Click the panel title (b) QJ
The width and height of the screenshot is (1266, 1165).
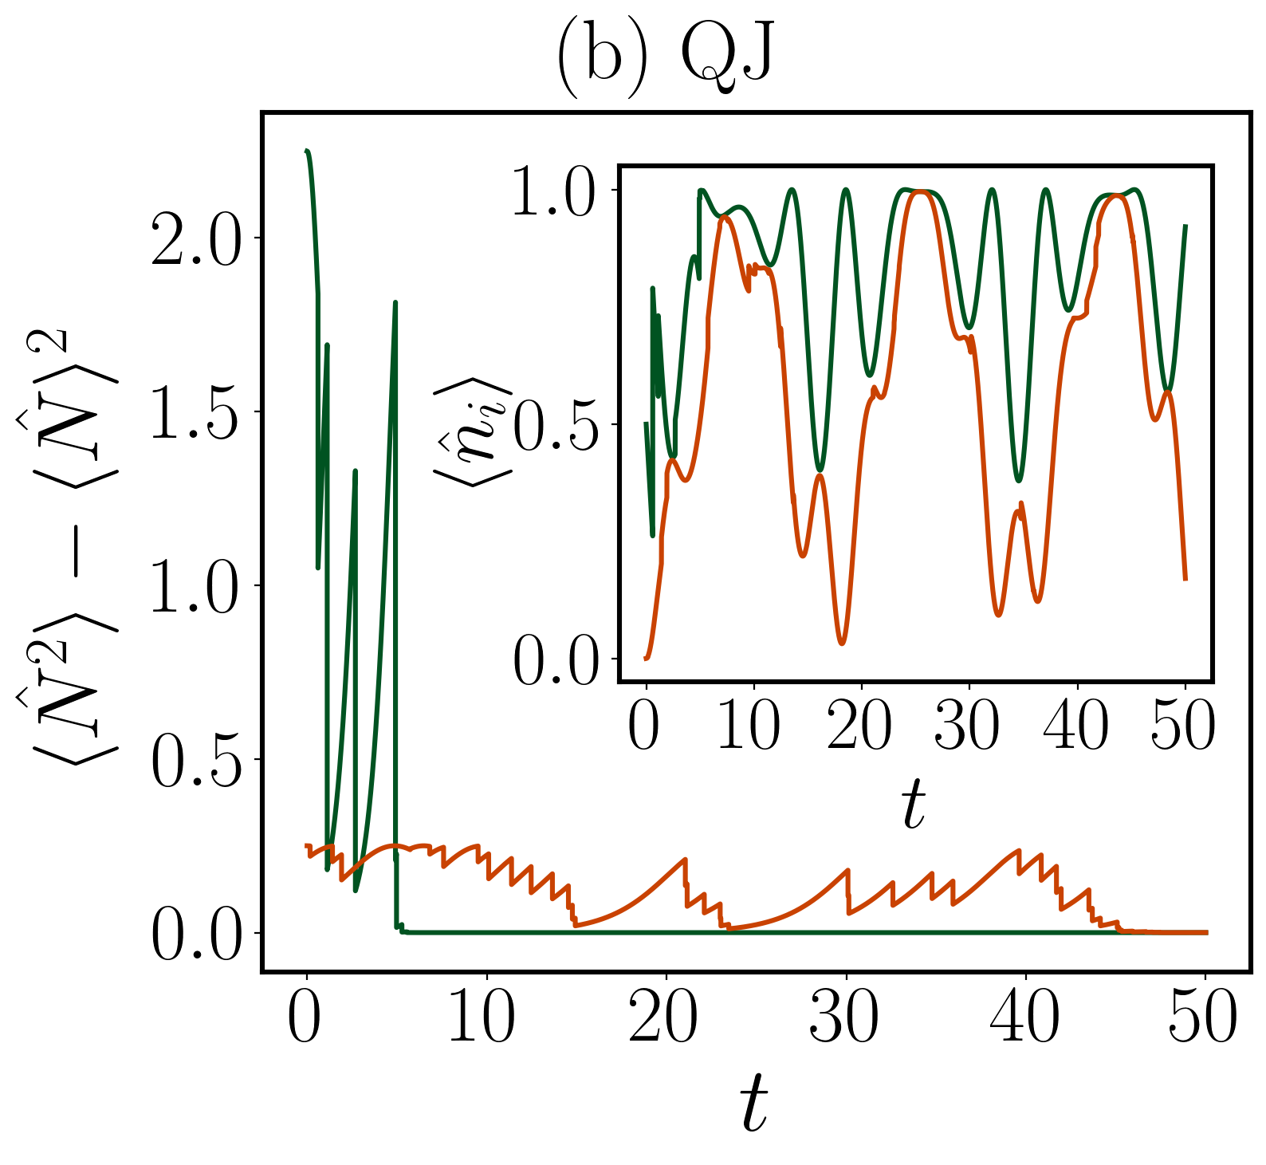click(x=663, y=57)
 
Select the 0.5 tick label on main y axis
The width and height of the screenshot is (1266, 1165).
click(x=195, y=759)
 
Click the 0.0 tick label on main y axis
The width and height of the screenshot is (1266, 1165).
click(x=195, y=933)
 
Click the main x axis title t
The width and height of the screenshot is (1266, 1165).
click(x=753, y=1102)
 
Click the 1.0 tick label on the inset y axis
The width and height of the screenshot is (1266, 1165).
click(x=554, y=191)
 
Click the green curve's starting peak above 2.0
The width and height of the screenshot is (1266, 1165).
click(x=307, y=151)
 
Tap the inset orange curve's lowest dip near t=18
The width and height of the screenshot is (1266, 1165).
click(x=843, y=643)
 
